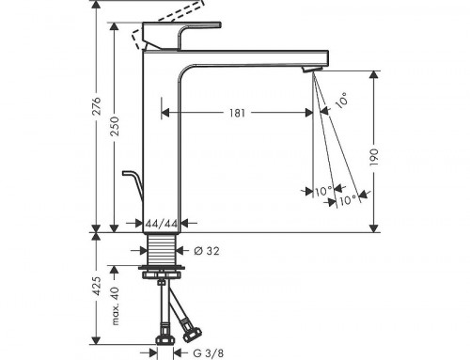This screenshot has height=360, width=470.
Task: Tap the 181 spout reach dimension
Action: pyautogui.click(x=238, y=113)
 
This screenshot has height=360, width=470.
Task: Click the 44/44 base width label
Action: pyautogui.click(x=164, y=224)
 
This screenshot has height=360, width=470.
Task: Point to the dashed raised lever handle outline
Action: pyautogui.click(x=174, y=22)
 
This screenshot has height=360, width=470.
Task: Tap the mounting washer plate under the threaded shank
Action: pyautogui.click(x=164, y=274)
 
